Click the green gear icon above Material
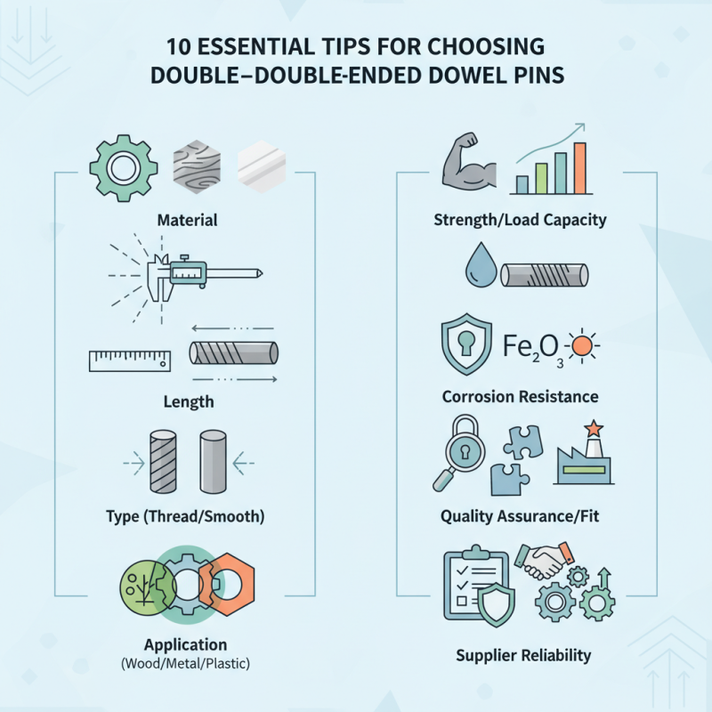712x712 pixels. [x=124, y=168]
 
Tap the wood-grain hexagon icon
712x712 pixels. [x=197, y=166]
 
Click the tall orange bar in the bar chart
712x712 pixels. [x=580, y=168]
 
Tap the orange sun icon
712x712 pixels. [x=583, y=346]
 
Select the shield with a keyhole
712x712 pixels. [x=466, y=344]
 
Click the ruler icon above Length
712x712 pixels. [x=130, y=361]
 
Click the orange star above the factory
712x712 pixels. [x=594, y=428]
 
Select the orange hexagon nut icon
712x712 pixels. [x=228, y=584]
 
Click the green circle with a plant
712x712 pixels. [x=148, y=588]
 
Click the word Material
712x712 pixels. [x=187, y=220]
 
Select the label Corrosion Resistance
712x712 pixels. [x=521, y=397]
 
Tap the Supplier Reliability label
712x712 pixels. [x=523, y=655]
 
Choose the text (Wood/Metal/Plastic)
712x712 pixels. [x=185, y=664]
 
